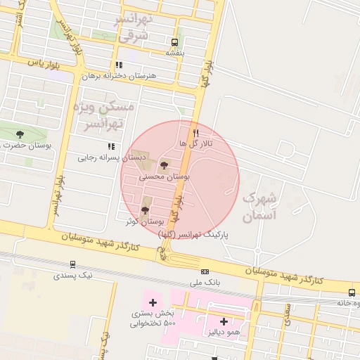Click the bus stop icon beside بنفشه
coord(175,41)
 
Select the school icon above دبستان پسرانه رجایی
coord(111,147)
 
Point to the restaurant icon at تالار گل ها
coord(196,132)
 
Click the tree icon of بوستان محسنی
coord(165,166)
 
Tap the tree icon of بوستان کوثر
coord(146,210)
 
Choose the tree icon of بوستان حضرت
coord(19,134)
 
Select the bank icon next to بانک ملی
coord(205,271)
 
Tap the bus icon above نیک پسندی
coord(72,265)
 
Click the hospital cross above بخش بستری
coord(152,302)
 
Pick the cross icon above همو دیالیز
coord(224,321)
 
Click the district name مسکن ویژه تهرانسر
coord(101,116)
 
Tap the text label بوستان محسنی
coord(165,178)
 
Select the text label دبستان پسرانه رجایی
coord(105,157)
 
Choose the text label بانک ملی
coord(205,283)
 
